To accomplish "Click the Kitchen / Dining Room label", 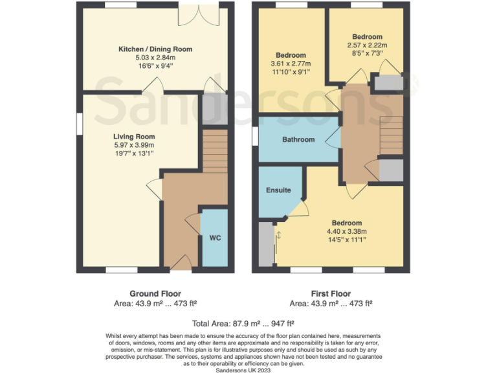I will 155,49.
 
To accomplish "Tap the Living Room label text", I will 134,137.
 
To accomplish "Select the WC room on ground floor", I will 215,238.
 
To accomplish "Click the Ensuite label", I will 279,190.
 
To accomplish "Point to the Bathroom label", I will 298,140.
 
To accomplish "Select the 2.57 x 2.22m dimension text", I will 367,45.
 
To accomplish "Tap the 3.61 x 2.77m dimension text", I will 291,63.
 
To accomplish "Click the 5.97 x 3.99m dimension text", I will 134,145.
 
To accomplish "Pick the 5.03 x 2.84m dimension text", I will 155,57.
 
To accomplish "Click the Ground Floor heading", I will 155,293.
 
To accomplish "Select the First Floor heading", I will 331,293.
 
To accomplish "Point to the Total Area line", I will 243,323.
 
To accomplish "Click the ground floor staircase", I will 215,150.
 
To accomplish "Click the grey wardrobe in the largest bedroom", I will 266,243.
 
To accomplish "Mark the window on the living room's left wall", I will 78,124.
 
